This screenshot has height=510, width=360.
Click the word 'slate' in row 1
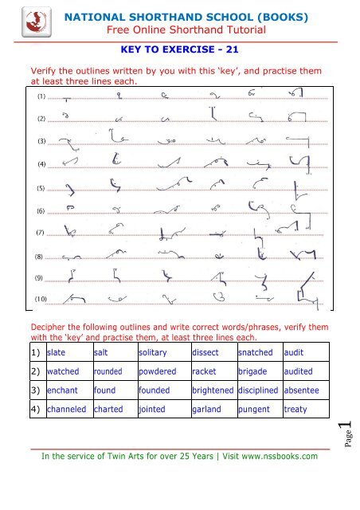coord(57,352)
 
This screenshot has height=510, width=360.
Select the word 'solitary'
coord(154,352)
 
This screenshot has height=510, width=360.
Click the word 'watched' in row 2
coord(63,371)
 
